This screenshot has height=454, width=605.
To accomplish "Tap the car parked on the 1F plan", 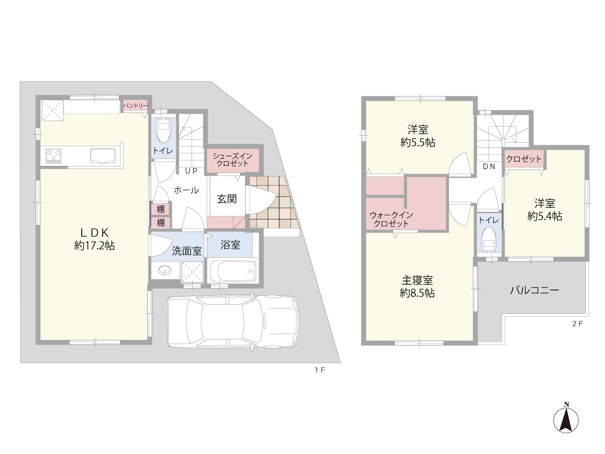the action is (x=233, y=321).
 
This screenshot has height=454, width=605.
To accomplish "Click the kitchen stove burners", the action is (x=53, y=155).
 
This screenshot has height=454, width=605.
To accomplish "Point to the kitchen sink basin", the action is (x=103, y=156).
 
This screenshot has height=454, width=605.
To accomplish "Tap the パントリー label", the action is (x=135, y=105).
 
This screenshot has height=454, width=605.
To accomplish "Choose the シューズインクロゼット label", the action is (x=232, y=159).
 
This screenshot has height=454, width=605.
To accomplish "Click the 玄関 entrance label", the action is (x=227, y=199).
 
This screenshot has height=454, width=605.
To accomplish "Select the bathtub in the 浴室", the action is (x=233, y=271).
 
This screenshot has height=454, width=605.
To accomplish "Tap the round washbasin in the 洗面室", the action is (x=164, y=270).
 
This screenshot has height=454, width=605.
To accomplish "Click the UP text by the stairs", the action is (x=191, y=171).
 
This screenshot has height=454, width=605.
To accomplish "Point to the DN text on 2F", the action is (x=489, y=166).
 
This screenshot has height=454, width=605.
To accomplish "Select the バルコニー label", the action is (x=534, y=290).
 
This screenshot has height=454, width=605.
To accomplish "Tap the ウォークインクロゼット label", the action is (x=391, y=219).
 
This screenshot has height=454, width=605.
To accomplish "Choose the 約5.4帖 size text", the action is (x=544, y=216).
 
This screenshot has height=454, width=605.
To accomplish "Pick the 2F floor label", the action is (x=577, y=324).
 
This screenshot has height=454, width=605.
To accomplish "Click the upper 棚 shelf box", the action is (x=161, y=209).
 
